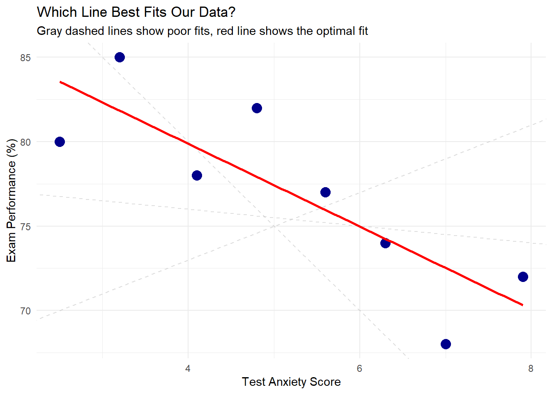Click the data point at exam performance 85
point(120,57)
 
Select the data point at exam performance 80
point(60,142)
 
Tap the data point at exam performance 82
point(257,108)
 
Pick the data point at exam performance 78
point(197,175)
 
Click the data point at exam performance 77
point(325,192)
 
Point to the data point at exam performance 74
point(385,243)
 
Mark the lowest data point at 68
point(446,344)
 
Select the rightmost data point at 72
point(523,277)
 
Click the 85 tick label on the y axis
point(25,58)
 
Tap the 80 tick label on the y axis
point(25,142)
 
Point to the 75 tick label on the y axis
point(25,227)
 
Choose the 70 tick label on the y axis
point(25,311)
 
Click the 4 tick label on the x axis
point(188,369)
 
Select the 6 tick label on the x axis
point(359,369)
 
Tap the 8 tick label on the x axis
point(531,369)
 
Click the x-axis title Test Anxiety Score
point(291,382)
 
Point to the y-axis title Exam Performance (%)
point(11,200)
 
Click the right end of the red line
point(522,305)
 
